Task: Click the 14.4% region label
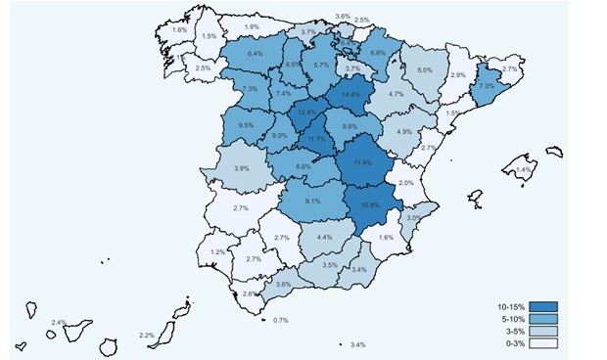click(351, 95)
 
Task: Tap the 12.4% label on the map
click(308, 113)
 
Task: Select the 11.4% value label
click(363, 162)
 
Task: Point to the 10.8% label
click(370, 205)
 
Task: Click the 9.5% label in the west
click(246, 125)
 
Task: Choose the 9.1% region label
click(313, 202)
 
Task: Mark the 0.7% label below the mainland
click(281, 321)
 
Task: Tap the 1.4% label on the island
click(523, 170)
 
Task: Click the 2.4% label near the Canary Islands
click(59, 323)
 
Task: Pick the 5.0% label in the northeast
click(425, 70)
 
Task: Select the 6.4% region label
click(256, 53)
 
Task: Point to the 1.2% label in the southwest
click(217, 252)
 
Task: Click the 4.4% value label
click(325, 238)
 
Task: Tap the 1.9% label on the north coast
click(253, 27)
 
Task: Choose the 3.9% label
click(241, 169)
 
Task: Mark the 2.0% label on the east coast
click(406, 184)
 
